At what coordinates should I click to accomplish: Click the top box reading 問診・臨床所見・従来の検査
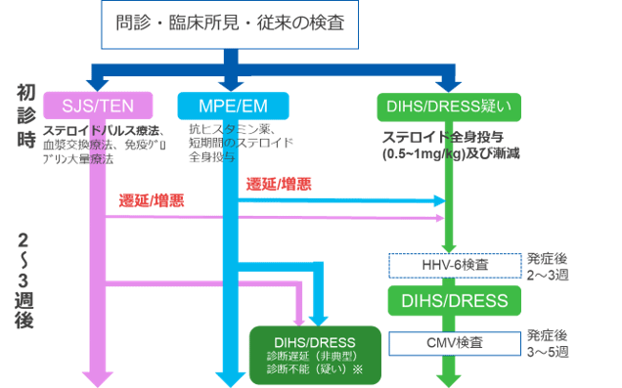(x=230, y=22)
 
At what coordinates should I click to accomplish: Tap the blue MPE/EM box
(x=228, y=104)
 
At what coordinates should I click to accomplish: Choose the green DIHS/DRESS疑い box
(x=450, y=104)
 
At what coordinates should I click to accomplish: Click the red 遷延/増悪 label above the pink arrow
(x=151, y=200)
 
